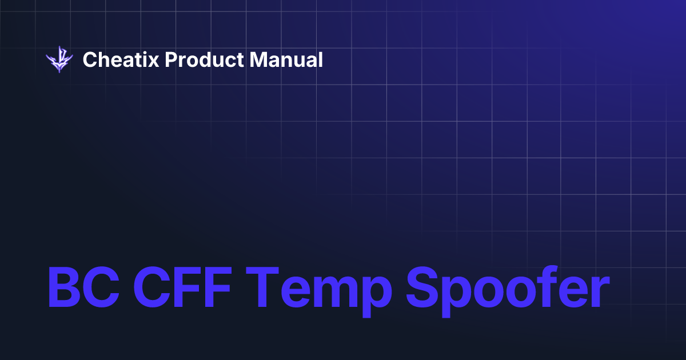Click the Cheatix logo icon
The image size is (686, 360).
[59, 59]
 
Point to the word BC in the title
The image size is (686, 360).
[83, 288]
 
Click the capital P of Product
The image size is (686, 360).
[170, 59]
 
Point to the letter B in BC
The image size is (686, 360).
[65, 288]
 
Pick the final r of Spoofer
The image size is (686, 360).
[595, 293]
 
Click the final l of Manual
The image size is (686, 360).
[321, 59]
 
